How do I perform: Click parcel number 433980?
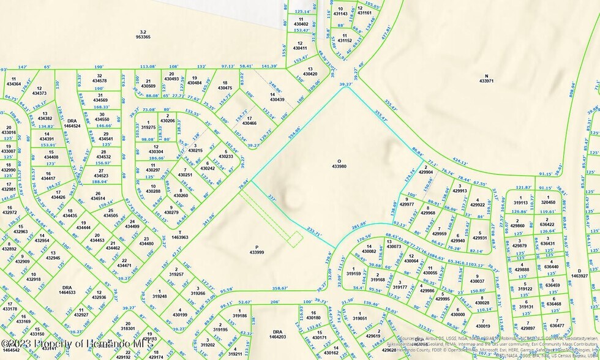(339, 166)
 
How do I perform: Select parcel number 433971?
(486, 80)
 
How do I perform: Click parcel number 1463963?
(179, 236)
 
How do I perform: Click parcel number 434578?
(99, 81)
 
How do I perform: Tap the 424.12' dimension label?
(460, 164)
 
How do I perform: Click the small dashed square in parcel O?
(295, 239)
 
